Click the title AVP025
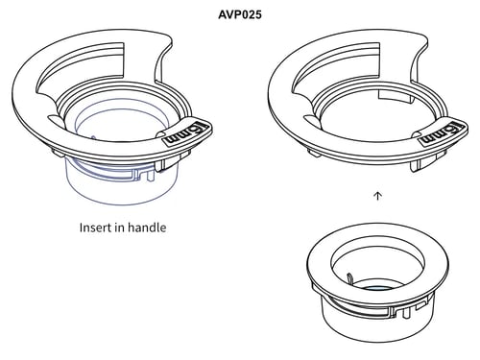click(x=240, y=14)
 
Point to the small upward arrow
click(x=378, y=196)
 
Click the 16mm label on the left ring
click(x=187, y=133)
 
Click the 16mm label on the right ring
click(x=444, y=132)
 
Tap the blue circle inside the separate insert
click(x=378, y=288)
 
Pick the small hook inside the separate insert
click(x=349, y=277)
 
